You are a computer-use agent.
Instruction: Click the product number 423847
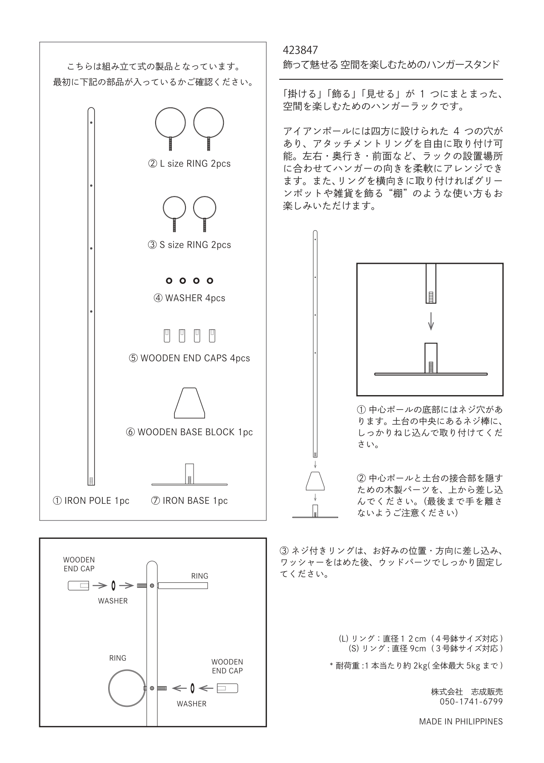click(x=300, y=50)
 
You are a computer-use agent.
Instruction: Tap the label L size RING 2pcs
click(x=189, y=164)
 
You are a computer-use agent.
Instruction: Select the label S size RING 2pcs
click(x=189, y=245)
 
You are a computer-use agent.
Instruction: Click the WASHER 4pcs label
click(x=189, y=298)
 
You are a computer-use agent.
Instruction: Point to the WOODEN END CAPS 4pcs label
click(x=189, y=358)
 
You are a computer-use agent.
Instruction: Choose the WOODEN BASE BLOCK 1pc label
click(x=189, y=432)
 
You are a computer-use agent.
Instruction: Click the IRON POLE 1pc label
click(x=91, y=501)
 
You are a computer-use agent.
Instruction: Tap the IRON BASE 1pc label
click(x=189, y=501)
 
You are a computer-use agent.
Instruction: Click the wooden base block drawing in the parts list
click(x=190, y=403)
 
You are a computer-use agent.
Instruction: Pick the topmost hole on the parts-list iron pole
click(x=91, y=123)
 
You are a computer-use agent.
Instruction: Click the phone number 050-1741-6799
click(x=471, y=702)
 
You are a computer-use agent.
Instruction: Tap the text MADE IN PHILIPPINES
click(x=460, y=722)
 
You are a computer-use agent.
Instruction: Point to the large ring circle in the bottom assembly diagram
click(x=127, y=688)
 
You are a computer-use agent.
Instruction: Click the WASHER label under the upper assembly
click(x=113, y=601)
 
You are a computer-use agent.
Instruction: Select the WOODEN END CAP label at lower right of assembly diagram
click(x=227, y=666)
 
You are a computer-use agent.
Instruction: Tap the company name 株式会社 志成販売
click(x=466, y=692)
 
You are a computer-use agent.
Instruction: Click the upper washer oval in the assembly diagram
click(x=113, y=586)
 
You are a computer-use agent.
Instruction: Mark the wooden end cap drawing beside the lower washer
click(x=227, y=688)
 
